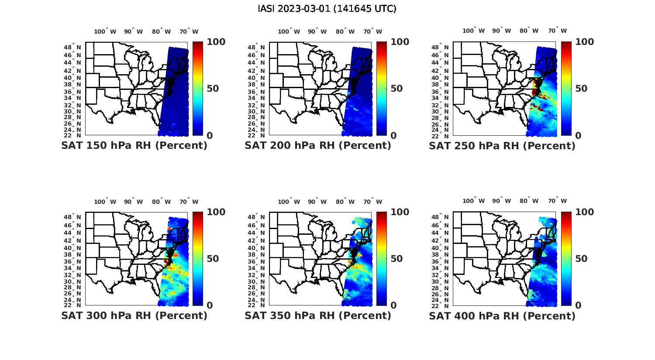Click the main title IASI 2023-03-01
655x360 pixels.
click(327, 9)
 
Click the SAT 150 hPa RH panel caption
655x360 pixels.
click(134, 146)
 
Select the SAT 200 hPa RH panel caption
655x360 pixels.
click(318, 146)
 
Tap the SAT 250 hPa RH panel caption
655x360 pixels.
click(502, 146)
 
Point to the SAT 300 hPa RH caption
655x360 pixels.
click(134, 315)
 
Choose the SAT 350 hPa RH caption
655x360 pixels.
click(318, 315)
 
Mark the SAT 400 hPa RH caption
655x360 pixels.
click(502, 315)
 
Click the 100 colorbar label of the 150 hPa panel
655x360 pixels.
click(216, 42)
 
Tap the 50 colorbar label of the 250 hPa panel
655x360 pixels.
click(580, 89)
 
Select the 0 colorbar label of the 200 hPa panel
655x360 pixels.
click(393, 136)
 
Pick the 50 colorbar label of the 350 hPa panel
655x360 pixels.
click(396, 259)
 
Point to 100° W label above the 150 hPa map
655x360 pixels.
click(105, 31)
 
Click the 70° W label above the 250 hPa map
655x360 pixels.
click(558, 31)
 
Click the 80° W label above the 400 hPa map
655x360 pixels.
click(529, 201)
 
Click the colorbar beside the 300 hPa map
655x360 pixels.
click(197, 259)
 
